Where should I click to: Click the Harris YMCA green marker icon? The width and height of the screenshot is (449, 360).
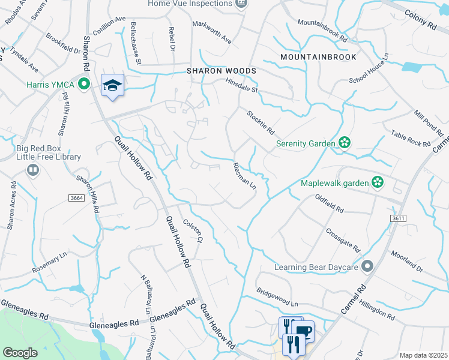pyautogui.click(x=85, y=84)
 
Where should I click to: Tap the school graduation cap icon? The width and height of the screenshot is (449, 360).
pyautogui.click(x=112, y=86)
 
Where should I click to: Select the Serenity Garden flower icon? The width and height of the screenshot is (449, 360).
pyautogui.click(x=345, y=143)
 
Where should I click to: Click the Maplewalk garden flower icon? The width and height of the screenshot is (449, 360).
pyautogui.click(x=378, y=181)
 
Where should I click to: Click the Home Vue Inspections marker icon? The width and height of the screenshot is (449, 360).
pyautogui.click(x=241, y=4)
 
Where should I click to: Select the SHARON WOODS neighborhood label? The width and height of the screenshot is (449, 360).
pyautogui.click(x=221, y=71)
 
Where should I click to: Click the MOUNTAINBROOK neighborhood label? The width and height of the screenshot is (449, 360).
pyautogui.click(x=318, y=57)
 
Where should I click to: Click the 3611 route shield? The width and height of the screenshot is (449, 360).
pyautogui.click(x=397, y=218)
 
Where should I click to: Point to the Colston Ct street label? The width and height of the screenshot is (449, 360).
pyautogui.click(x=192, y=230)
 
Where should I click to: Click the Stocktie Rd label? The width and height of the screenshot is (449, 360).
pyautogui.click(x=260, y=122)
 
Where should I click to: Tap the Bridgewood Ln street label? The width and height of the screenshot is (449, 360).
pyautogui.click(x=277, y=299)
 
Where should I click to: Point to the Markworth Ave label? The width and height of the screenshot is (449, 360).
pyautogui.click(x=211, y=32)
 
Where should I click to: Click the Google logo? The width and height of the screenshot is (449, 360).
pyautogui.click(x=20, y=353)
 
